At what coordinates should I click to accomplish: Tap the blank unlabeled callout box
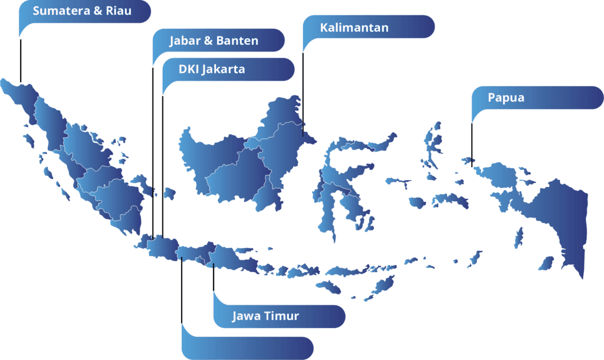(x=247, y=348)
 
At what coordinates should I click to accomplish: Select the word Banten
(x=237, y=41)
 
